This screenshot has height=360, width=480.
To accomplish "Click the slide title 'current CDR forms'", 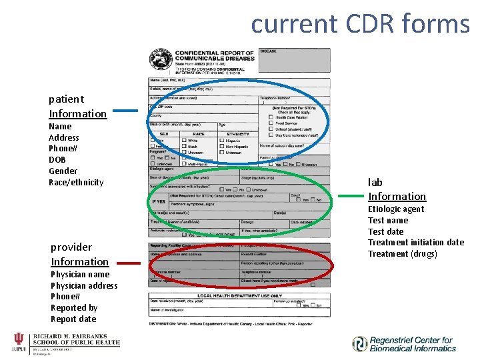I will tap(360, 23).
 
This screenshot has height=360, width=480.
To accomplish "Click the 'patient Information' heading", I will tap(77, 107).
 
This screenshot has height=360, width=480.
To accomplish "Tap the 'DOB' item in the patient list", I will tap(58, 160).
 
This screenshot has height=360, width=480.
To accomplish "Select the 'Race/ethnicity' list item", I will tap(76, 182).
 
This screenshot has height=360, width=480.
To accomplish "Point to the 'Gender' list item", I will tap(63, 171).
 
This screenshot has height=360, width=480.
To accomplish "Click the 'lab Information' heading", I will tap(397, 189).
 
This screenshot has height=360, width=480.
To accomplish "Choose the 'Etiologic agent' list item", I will tap(396, 209).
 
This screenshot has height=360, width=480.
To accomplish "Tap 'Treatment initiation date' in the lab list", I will tap(416, 243).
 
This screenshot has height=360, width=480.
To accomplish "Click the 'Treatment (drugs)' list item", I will tap(403, 254).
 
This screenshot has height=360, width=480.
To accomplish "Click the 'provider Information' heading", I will tap(79, 255).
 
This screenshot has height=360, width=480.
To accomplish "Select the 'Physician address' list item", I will tap(84, 286).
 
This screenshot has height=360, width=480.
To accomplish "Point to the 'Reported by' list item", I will tap(74, 308).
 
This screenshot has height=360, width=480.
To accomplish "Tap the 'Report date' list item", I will tap(73, 319).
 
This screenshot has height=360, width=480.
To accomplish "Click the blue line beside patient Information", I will tap(128, 111).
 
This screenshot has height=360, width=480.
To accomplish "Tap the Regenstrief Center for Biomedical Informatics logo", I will tap(403, 344).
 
